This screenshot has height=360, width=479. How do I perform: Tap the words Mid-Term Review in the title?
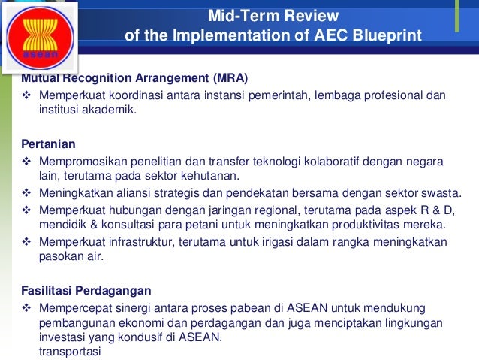click(x=273, y=16)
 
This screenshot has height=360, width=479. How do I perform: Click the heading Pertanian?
click(x=49, y=143)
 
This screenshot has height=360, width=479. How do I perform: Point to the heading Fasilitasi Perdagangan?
click(x=86, y=290)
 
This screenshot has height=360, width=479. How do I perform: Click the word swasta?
click(x=425, y=193)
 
